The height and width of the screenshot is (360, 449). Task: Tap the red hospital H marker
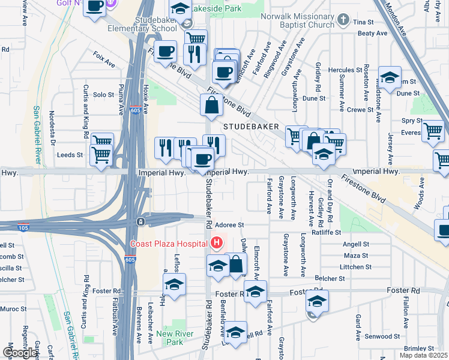(x=216, y=243)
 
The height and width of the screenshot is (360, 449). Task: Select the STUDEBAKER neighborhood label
(x=252, y=127)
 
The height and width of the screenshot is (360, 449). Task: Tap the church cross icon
(x=343, y=20)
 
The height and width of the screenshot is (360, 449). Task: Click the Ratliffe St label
(x=326, y=232)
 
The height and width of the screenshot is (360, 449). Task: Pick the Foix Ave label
(x=104, y=61)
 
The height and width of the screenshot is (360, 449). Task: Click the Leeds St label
(x=69, y=154)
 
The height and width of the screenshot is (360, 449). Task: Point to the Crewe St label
(x=361, y=110)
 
